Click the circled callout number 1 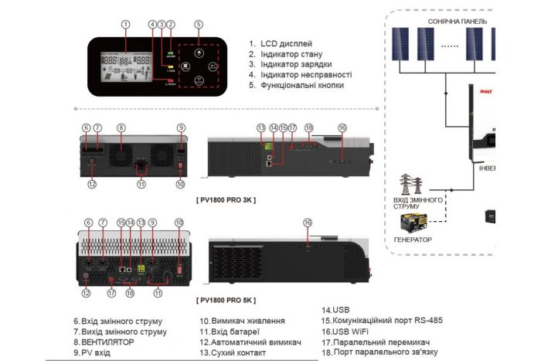(125, 23)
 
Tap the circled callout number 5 (199, 23)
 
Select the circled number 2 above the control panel (170, 23)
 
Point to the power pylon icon (410, 185)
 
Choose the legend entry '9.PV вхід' (92, 352)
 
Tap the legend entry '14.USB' (335, 309)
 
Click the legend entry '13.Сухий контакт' (232, 352)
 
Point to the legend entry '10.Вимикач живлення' (242, 321)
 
